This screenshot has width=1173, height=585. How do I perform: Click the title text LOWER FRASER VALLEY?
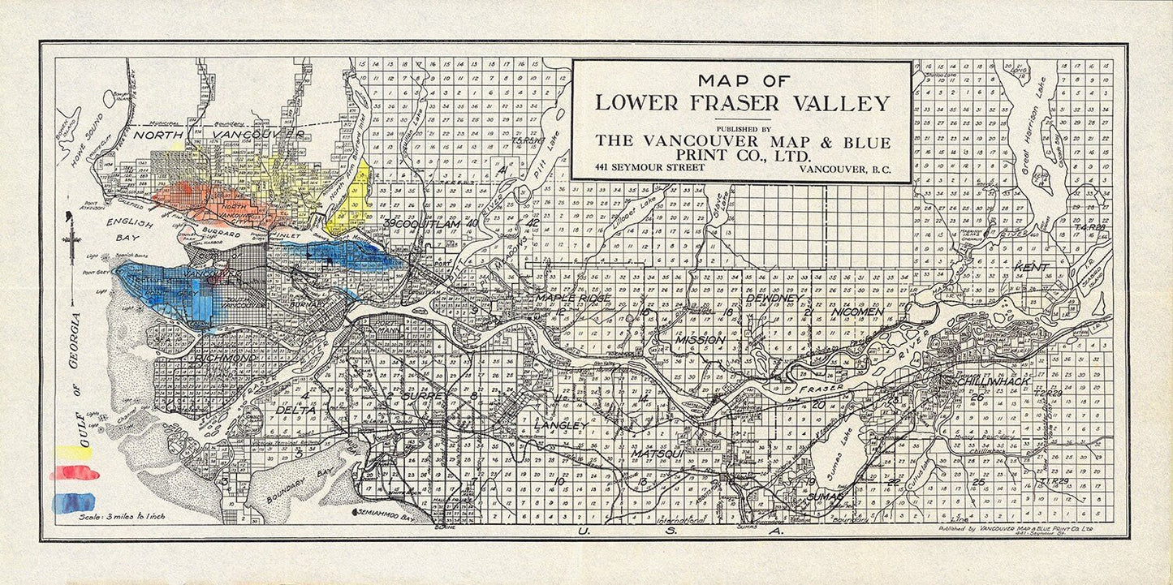(x=742, y=104)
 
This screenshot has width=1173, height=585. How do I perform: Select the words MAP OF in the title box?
(x=742, y=80)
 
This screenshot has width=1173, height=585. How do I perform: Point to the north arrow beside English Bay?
(x=73, y=243)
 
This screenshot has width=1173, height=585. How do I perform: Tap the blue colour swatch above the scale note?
(x=73, y=502)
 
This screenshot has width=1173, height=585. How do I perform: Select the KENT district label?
(x=1031, y=267)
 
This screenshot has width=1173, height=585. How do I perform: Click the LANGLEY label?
(x=560, y=426)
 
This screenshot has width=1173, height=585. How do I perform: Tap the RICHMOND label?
(x=226, y=358)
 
